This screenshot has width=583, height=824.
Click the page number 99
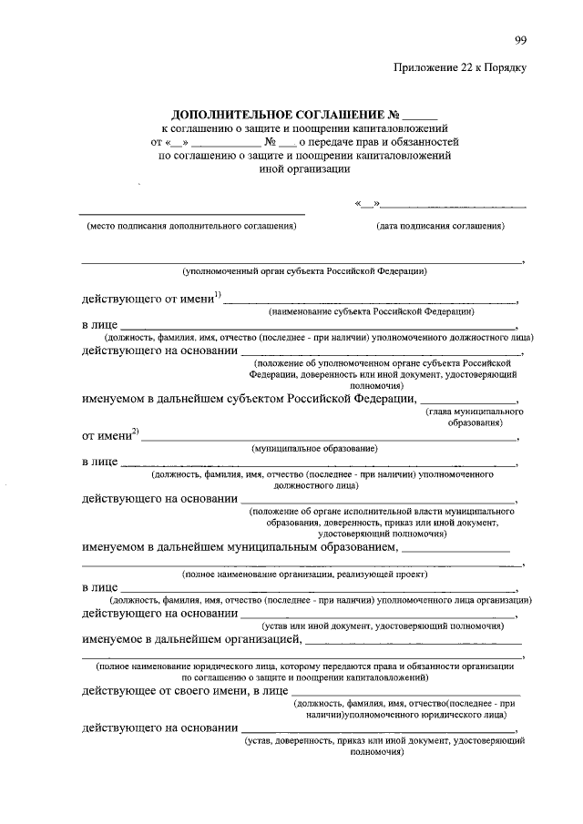[520, 38]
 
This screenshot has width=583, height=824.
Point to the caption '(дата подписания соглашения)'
[440, 225]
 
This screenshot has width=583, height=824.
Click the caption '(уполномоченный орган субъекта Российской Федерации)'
[304, 271]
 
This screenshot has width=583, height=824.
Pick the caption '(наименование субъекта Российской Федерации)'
[371, 311]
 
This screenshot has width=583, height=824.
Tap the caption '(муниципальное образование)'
[314, 449]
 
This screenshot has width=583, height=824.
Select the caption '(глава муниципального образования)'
[470, 418]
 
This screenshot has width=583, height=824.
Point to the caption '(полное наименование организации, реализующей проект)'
[304, 575]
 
